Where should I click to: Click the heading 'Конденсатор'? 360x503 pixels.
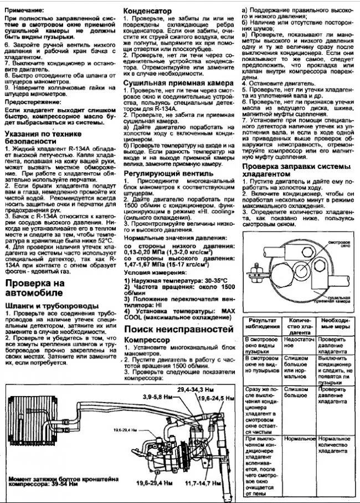click(x=151, y=11)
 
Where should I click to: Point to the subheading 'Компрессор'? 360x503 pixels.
click(x=147, y=339)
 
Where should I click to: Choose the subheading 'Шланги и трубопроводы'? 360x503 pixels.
click(x=51, y=305)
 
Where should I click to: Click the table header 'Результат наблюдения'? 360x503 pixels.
click(x=262, y=324)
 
